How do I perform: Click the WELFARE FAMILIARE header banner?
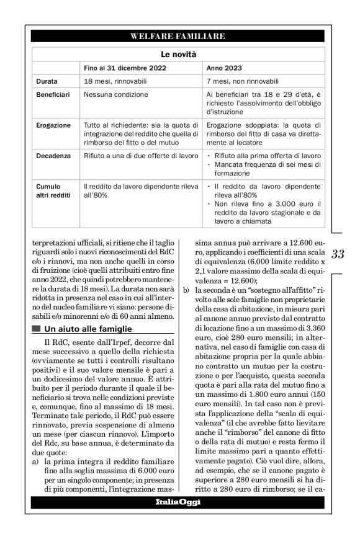(x=178, y=37)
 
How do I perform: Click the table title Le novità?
(x=178, y=54)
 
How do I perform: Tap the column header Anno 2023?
(x=224, y=68)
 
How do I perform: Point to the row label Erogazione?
(x=53, y=125)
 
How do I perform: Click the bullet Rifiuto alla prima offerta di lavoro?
(x=267, y=154)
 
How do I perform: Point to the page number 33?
(x=338, y=254)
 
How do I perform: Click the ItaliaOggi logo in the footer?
(x=178, y=501)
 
